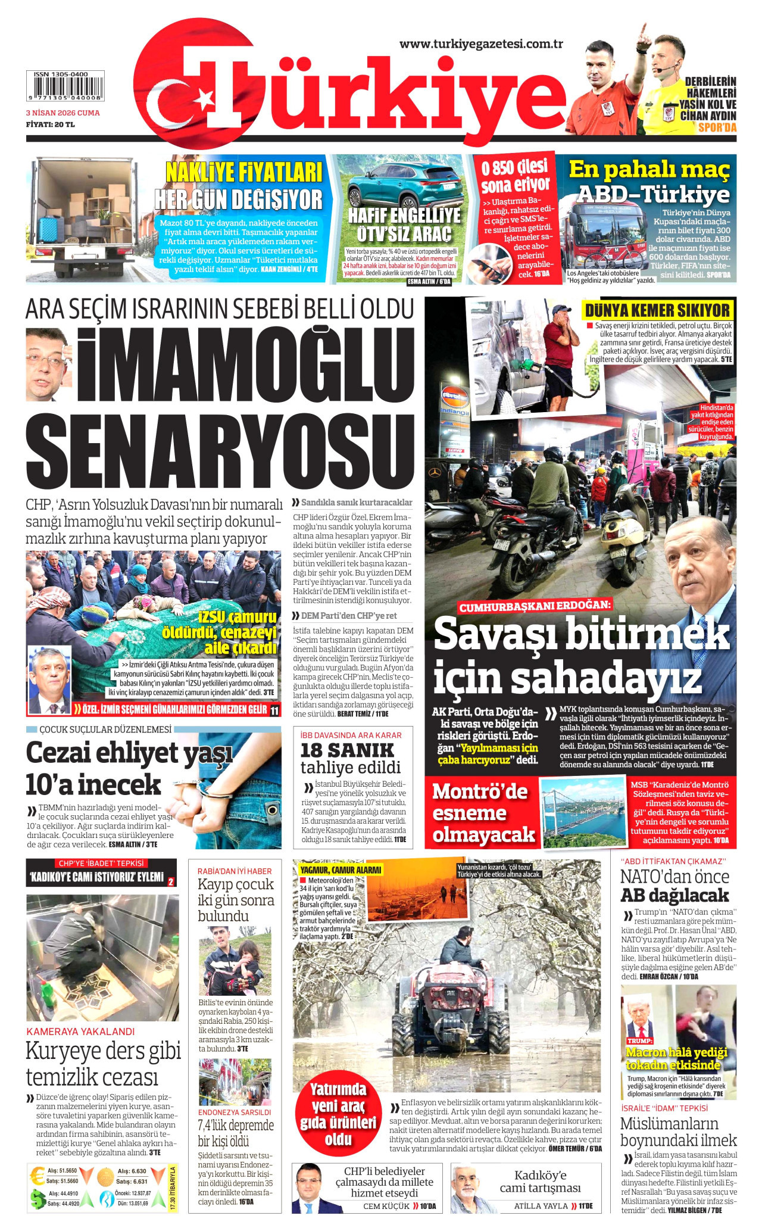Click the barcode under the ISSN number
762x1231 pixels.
point(65,87)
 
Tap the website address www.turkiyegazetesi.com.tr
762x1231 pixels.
point(481,44)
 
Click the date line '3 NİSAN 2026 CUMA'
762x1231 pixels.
point(63,113)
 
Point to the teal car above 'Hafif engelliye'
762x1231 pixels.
point(405,187)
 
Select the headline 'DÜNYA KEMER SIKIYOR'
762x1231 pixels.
point(657,310)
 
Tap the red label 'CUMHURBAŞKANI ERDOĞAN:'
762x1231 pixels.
point(535,606)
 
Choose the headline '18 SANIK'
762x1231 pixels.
point(346,750)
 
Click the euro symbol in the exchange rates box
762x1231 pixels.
point(38,1175)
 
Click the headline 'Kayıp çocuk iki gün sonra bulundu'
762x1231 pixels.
point(236,899)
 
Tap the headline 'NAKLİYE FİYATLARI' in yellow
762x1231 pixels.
point(243,173)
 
